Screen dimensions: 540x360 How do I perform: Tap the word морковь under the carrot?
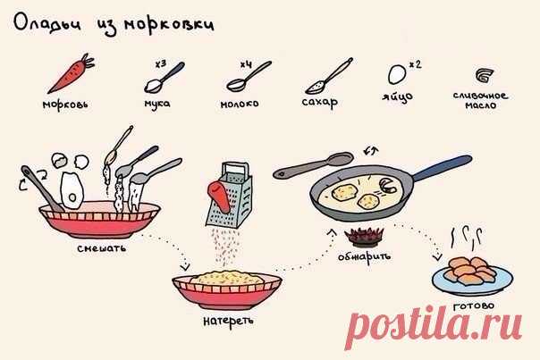click(x=65, y=105)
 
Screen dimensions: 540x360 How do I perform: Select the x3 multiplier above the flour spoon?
click(x=160, y=64)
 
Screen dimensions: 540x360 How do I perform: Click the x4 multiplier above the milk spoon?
click(x=246, y=64)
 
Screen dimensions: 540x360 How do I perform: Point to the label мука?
click(x=157, y=104)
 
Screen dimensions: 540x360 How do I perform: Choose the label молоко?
click(x=240, y=104)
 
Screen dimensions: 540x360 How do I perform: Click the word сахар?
click(x=319, y=102)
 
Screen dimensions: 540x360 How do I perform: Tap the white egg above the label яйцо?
click(x=398, y=74)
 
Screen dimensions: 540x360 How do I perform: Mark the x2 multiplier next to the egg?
click(x=416, y=64)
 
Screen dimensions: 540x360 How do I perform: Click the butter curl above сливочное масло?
click(x=485, y=75)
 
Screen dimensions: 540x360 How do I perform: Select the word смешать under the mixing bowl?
click(x=102, y=248)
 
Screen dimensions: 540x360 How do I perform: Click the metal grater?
click(x=230, y=195)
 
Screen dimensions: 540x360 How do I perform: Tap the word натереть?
click(x=228, y=321)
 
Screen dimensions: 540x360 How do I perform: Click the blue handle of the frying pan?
click(x=443, y=168)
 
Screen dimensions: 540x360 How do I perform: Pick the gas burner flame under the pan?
click(x=364, y=237)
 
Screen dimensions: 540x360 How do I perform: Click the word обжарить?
click(x=364, y=256)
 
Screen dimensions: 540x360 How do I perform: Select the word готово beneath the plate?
click(x=474, y=306)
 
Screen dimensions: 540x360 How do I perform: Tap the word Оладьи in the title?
click(x=47, y=24)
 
